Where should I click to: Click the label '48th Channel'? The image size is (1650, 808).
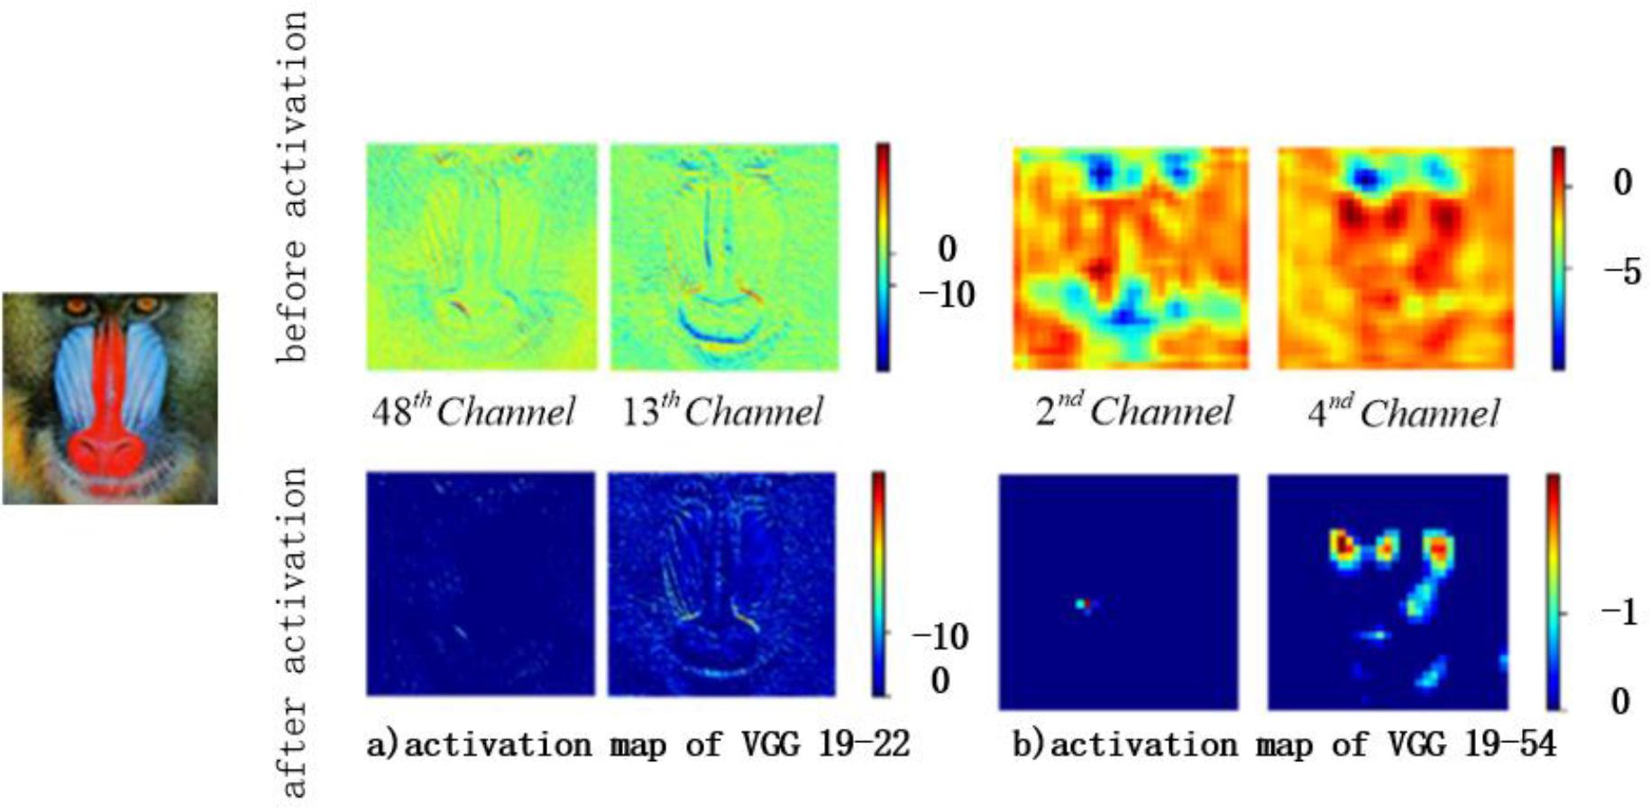[472, 412]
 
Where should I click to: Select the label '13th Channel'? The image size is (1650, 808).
[721, 412]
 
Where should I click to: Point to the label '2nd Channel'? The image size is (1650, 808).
[1133, 411]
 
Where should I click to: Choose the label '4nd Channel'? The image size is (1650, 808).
[1402, 413]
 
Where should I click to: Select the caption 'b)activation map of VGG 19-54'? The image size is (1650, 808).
[1285, 745]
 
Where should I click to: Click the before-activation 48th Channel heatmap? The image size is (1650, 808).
[481, 257]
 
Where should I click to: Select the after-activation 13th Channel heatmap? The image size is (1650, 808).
[721, 583]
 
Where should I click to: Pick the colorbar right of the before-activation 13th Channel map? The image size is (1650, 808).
[882, 257]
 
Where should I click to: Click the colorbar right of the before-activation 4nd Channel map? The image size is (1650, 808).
[1558, 258]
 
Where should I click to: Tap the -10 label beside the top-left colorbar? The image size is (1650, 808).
[946, 294]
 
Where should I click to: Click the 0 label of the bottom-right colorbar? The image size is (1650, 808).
[1620, 701]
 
